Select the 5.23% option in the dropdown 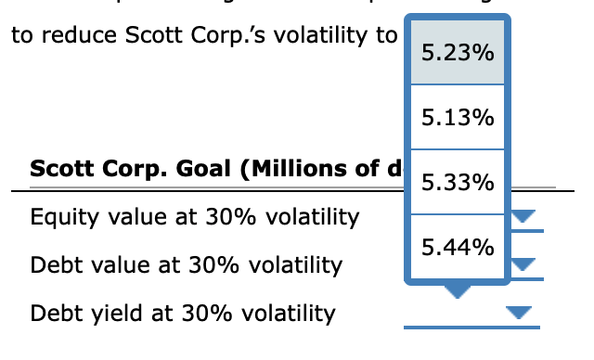click(x=457, y=54)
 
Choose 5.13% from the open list click(x=457, y=118)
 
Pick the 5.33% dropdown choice click(x=457, y=183)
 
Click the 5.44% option click(x=457, y=247)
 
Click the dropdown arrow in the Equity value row click(x=525, y=217)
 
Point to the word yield click(x=107, y=314)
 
